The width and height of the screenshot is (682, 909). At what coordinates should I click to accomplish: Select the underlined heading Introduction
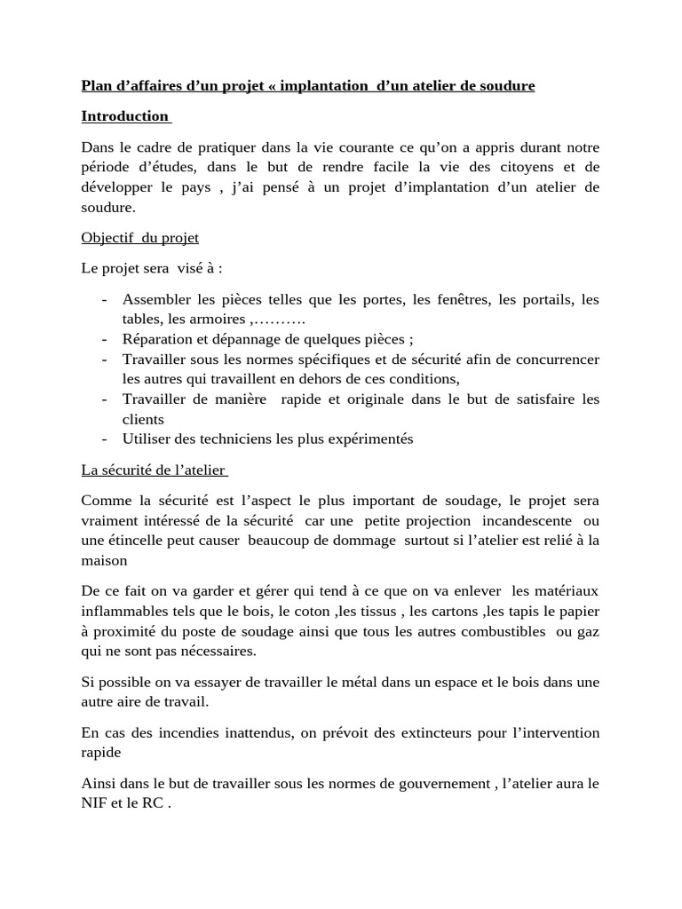click(124, 116)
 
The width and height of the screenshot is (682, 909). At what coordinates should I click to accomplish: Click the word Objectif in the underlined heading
click(105, 238)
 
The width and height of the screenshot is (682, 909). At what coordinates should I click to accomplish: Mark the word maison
click(104, 561)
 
